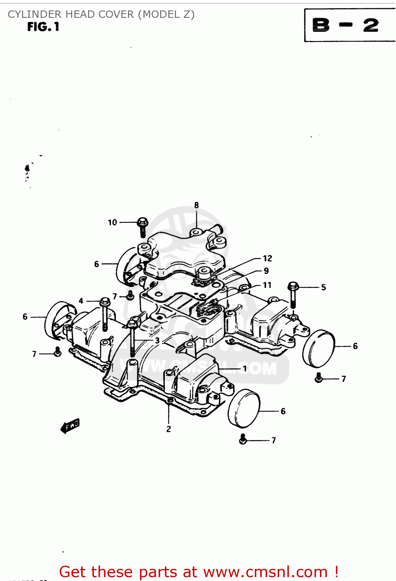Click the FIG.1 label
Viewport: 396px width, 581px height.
[x=43, y=27]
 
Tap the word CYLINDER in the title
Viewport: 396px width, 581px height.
[x=35, y=14]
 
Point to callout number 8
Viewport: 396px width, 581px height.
[x=197, y=205]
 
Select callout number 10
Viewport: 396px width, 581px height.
[x=112, y=222]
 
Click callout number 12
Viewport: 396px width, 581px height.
[x=267, y=258]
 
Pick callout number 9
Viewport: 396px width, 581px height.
[x=266, y=271]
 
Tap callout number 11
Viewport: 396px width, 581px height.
[x=267, y=285]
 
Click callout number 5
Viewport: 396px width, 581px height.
[x=323, y=287]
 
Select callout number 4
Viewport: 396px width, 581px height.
[x=81, y=301]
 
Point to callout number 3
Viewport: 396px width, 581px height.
[x=157, y=340]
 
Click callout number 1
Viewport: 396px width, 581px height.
[x=245, y=368]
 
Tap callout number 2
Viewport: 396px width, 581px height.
[x=169, y=429]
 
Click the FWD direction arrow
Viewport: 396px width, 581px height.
[x=70, y=426]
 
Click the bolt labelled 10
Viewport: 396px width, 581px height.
[x=142, y=226]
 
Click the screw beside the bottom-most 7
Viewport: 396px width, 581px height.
[x=243, y=439]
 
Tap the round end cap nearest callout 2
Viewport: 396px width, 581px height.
[x=244, y=408]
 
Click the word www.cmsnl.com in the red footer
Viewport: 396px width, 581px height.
[x=265, y=572]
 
